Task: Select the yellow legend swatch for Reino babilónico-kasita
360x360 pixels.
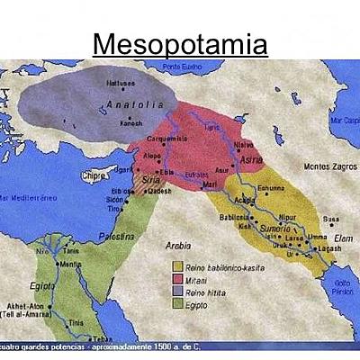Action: click(177, 266)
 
